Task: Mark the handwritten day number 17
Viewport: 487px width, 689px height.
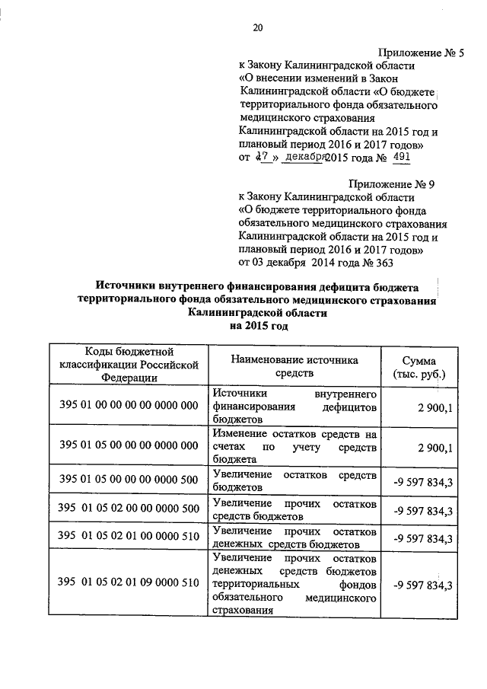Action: (263, 158)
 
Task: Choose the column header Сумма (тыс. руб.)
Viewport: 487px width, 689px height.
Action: (420, 367)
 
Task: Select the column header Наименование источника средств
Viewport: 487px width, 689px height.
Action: (294, 367)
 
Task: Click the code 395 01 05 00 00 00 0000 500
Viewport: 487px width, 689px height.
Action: (129, 480)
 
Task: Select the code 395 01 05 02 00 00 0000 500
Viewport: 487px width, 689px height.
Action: (129, 509)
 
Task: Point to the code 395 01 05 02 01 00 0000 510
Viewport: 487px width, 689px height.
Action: (129, 538)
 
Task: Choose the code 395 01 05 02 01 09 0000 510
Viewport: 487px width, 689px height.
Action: (129, 584)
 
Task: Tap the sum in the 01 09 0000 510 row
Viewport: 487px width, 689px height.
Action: (423, 585)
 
